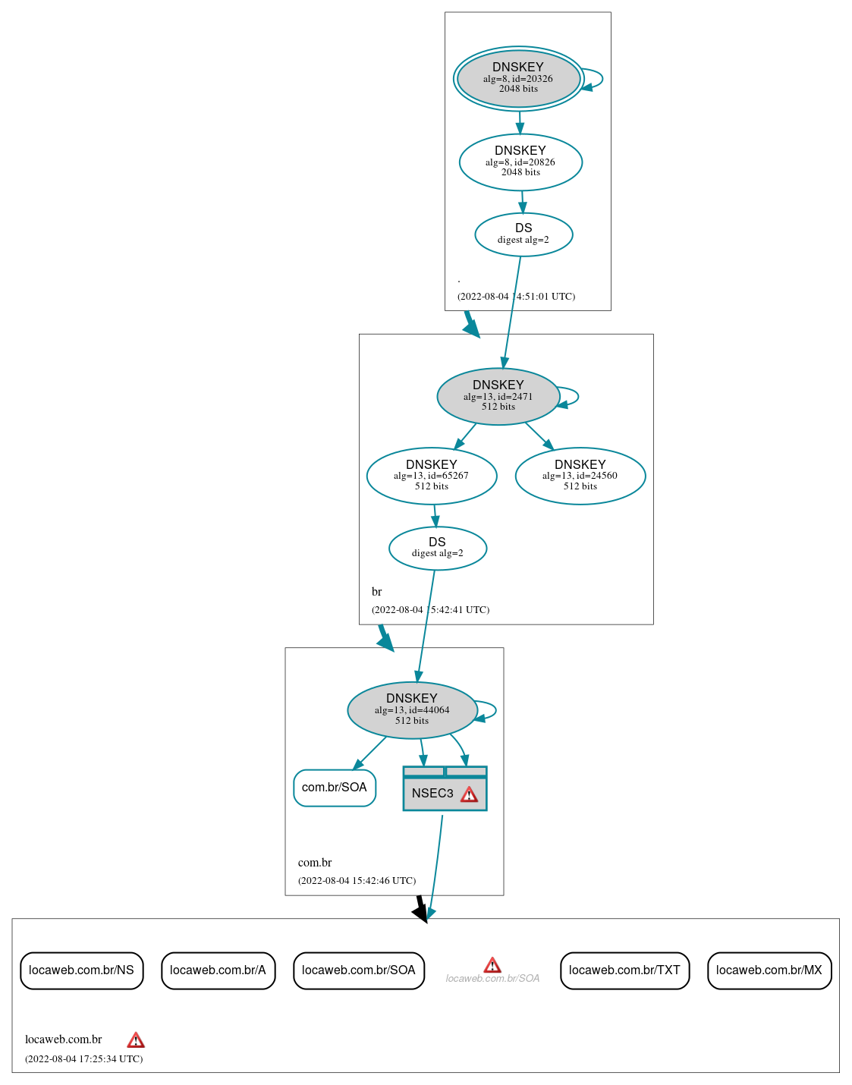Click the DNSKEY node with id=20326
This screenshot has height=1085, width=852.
(x=518, y=78)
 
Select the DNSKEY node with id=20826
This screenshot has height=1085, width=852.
(x=520, y=162)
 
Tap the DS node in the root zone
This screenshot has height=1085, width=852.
(x=523, y=234)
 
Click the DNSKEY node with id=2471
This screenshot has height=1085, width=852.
(x=498, y=396)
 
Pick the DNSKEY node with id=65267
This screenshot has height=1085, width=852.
(x=432, y=476)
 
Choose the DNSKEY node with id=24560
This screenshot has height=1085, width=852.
(x=580, y=476)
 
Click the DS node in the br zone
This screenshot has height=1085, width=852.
(x=438, y=548)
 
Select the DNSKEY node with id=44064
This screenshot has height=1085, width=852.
(x=412, y=709)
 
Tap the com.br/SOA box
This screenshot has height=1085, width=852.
(x=335, y=788)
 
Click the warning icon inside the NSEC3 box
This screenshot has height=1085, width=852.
(x=470, y=794)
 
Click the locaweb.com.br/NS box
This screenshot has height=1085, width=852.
(x=81, y=970)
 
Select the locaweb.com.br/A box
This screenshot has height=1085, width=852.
(x=218, y=970)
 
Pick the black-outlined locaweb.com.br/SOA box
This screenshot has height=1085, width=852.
(x=358, y=970)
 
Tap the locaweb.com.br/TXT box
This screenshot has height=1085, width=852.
(x=624, y=970)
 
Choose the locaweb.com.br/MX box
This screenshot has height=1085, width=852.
(x=769, y=970)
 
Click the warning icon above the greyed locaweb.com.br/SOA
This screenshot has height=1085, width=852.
(x=492, y=965)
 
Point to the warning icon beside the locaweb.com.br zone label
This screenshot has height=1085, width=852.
(x=136, y=1040)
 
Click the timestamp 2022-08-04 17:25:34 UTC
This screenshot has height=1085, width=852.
(x=83, y=1058)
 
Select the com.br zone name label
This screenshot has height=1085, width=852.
(x=315, y=863)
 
